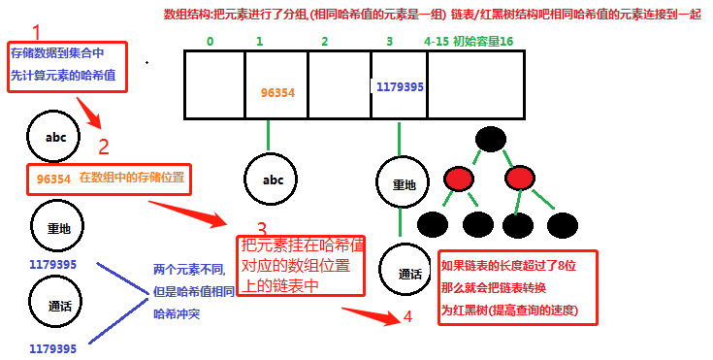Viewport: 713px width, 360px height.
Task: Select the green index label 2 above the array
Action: (324, 42)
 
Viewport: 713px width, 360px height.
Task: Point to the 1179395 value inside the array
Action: (399, 86)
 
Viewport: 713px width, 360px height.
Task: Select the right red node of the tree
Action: (519, 179)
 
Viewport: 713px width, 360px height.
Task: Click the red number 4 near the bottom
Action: (407, 317)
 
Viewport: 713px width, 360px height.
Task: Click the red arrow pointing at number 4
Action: (369, 313)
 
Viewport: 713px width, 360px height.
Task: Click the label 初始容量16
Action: (482, 42)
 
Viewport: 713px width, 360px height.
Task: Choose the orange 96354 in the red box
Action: (53, 179)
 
